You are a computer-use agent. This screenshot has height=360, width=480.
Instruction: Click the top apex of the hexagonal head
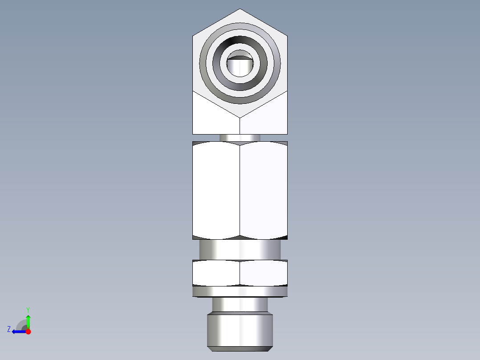[x=240, y=9]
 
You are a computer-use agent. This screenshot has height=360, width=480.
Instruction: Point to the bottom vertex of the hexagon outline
[x=240, y=118]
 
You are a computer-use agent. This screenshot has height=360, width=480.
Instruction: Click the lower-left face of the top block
[x=216, y=118]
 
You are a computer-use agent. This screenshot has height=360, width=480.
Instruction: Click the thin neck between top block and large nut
[x=240, y=138]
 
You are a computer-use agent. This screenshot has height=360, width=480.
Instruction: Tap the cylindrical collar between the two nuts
[x=240, y=250]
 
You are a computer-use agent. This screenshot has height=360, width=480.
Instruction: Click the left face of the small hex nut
[x=216, y=273]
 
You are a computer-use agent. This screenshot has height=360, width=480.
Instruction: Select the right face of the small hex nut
[x=264, y=273]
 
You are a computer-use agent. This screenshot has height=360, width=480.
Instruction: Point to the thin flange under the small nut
[x=240, y=291]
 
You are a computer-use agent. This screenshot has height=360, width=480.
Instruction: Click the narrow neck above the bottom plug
[x=240, y=305]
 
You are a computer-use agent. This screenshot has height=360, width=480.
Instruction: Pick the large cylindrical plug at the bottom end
[x=240, y=330]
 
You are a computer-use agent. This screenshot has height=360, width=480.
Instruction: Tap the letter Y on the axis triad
[x=28, y=309]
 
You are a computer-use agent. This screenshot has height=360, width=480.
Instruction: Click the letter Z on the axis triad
[x=9, y=329]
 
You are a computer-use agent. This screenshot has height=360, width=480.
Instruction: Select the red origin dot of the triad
[x=28, y=331]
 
